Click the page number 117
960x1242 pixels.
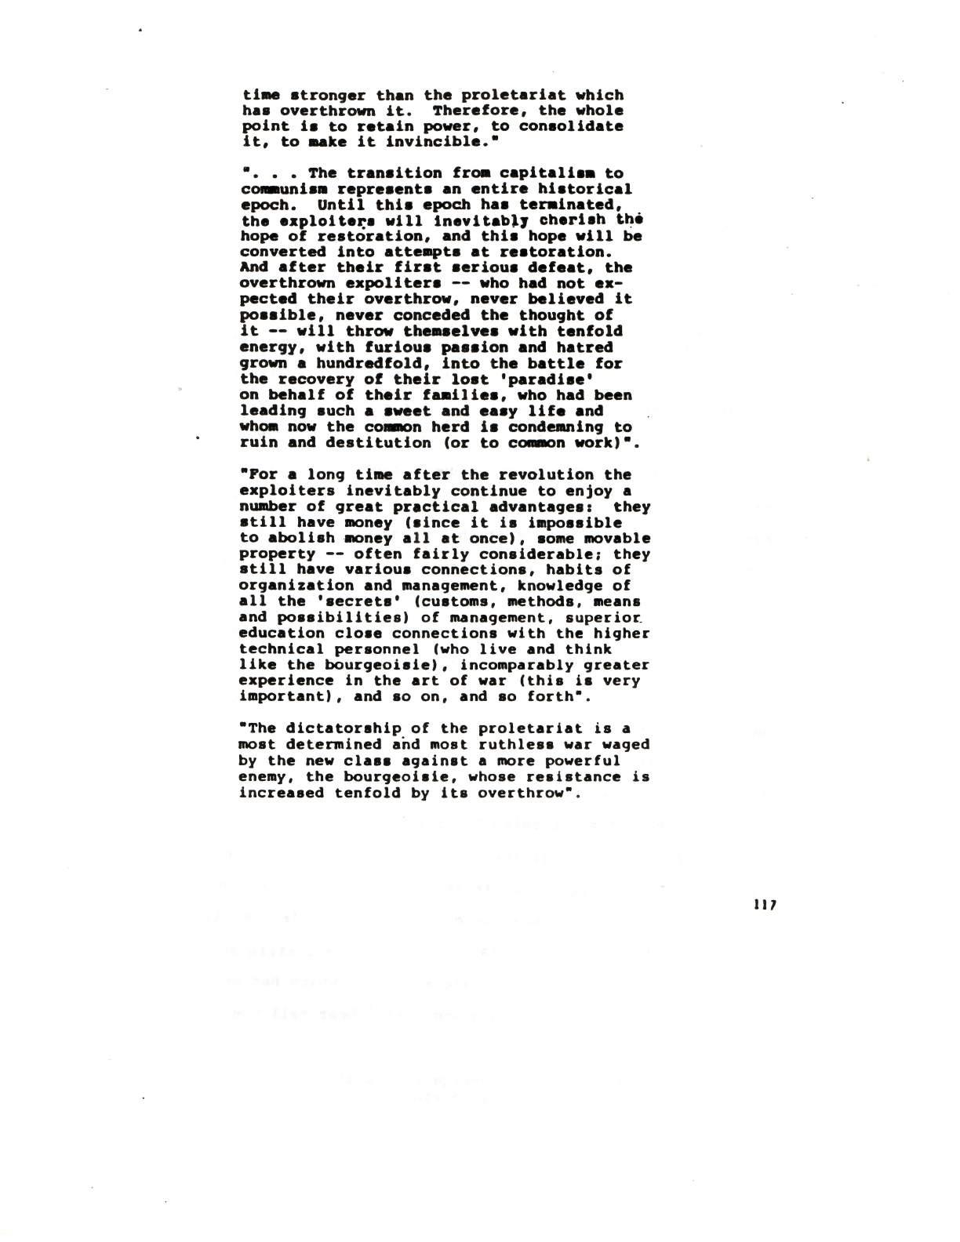(x=763, y=903)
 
